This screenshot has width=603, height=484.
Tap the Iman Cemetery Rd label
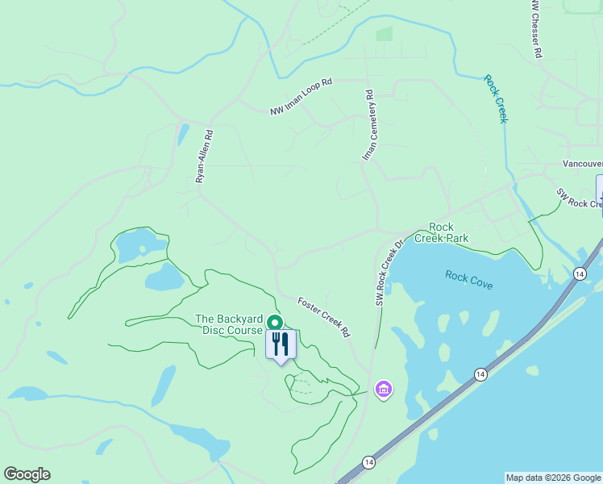click(370, 125)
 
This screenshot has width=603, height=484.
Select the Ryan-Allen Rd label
click(204, 157)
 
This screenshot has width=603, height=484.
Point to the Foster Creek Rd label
click(324, 316)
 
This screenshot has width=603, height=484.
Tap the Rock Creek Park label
click(441, 232)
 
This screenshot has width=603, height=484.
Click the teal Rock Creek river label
click(496, 98)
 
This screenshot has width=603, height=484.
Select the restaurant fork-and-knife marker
click(281, 344)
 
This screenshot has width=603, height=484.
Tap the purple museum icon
click(384, 390)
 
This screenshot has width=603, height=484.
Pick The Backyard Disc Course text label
click(229, 324)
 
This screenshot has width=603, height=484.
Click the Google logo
click(27, 474)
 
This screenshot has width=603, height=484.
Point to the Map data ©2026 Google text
click(552, 478)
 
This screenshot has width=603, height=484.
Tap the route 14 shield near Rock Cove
click(480, 374)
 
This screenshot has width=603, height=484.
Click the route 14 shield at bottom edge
click(369, 461)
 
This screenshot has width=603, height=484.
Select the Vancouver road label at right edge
click(582, 164)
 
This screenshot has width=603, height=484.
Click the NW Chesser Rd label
click(536, 28)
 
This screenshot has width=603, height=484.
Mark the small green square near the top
click(385, 34)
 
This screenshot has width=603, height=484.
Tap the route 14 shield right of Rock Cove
click(579, 274)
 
